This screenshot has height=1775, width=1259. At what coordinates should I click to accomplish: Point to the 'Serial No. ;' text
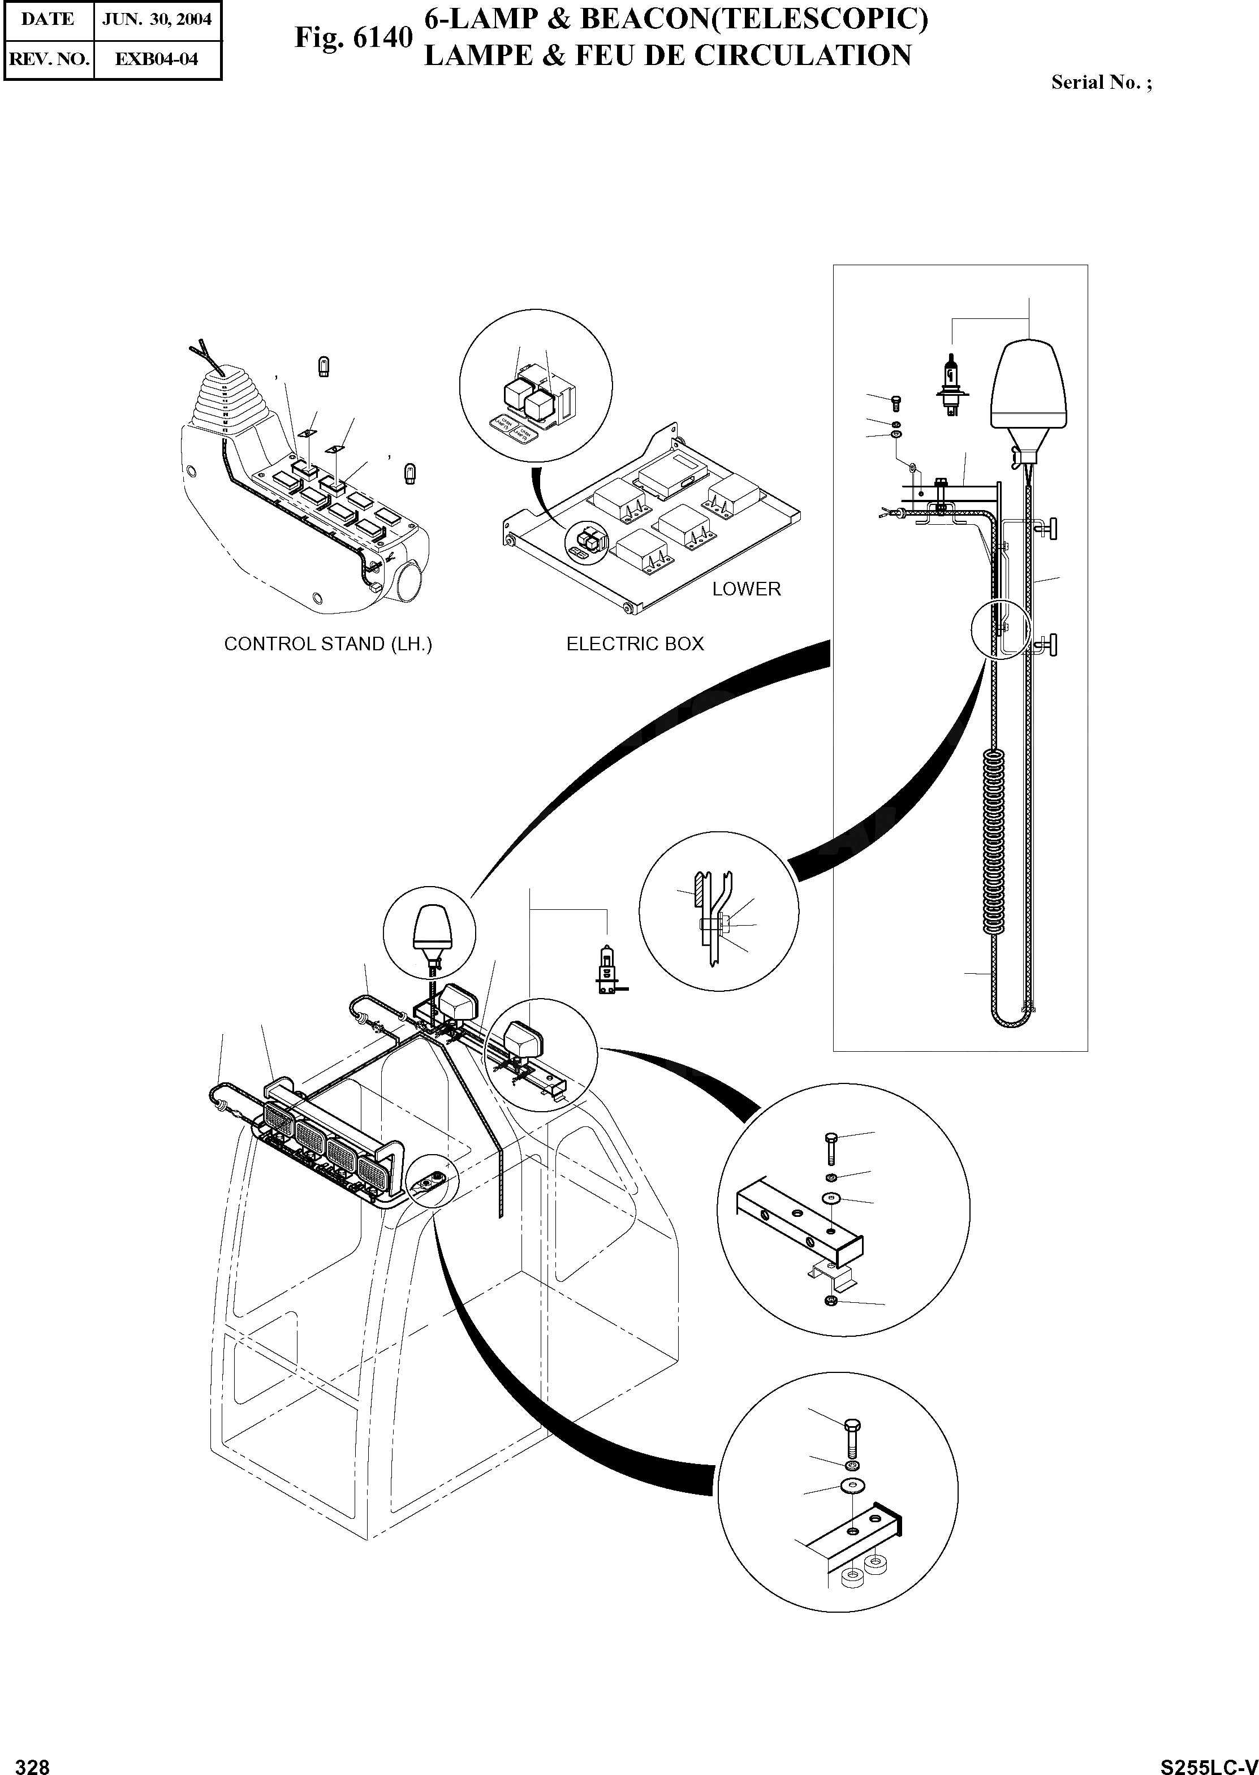(x=1101, y=83)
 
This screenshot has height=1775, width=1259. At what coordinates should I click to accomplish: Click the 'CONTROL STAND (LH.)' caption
(x=328, y=644)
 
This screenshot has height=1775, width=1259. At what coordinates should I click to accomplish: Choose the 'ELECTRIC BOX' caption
(x=635, y=644)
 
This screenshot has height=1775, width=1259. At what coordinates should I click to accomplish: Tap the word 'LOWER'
(x=747, y=589)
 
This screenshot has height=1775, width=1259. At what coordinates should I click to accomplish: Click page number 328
(x=33, y=1761)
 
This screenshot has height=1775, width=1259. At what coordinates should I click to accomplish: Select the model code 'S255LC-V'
(x=1209, y=1761)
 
